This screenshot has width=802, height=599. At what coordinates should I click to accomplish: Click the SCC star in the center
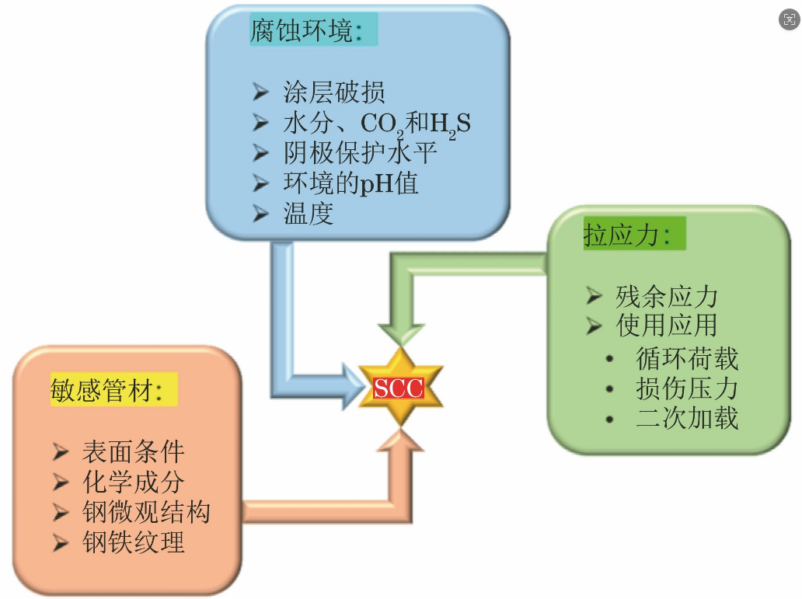(x=399, y=387)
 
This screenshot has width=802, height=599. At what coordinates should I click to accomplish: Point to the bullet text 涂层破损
(x=334, y=93)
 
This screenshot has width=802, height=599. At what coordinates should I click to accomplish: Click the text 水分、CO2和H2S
(x=376, y=124)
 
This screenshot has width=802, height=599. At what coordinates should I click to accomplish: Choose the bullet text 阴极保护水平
(x=359, y=153)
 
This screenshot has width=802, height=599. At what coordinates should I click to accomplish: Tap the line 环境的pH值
(x=350, y=183)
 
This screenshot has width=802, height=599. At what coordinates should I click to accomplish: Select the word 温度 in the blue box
(x=309, y=213)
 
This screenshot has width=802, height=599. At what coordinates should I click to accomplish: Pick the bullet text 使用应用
(x=667, y=326)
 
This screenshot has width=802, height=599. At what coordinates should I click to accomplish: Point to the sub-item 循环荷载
(x=686, y=358)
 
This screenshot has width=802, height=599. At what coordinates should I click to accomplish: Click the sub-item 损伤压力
(x=686, y=388)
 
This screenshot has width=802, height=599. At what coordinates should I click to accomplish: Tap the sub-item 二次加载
(x=686, y=418)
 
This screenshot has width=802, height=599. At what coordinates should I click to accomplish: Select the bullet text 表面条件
(x=133, y=452)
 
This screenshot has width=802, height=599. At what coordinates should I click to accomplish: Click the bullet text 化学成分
(x=133, y=482)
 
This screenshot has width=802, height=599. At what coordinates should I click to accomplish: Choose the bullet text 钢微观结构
(x=146, y=512)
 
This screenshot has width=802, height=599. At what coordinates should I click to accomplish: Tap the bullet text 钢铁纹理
(x=133, y=542)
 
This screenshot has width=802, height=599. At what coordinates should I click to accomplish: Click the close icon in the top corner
(x=789, y=20)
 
